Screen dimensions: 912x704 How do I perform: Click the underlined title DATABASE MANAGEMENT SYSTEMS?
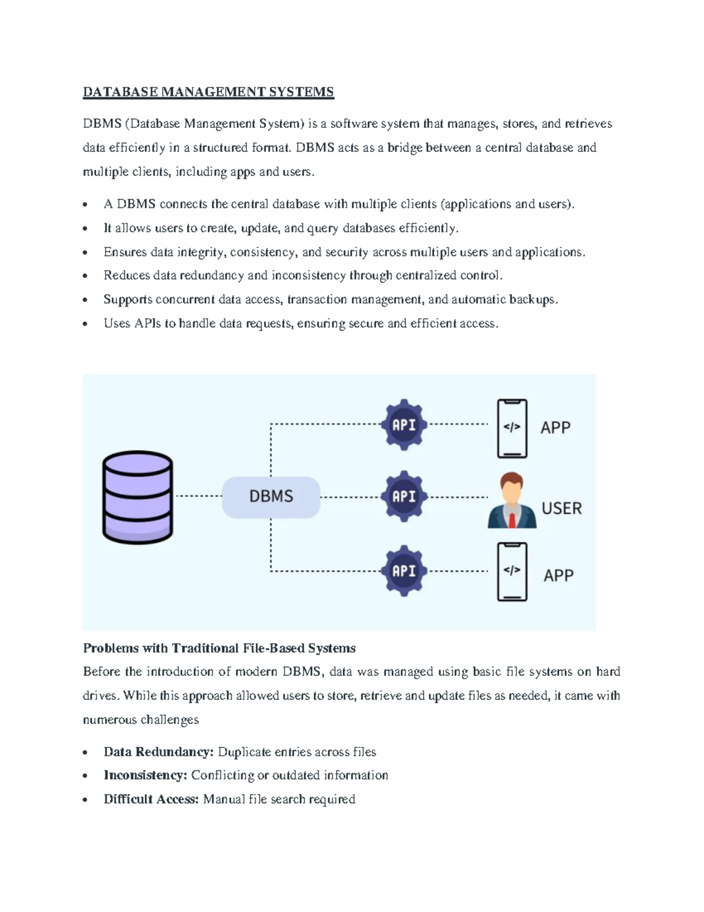(208, 92)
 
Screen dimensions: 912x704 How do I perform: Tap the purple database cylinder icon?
(138, 497)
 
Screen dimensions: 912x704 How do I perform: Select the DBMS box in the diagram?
(271, 497)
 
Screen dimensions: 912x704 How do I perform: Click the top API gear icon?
(404, 425)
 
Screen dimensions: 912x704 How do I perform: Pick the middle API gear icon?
(404, 497)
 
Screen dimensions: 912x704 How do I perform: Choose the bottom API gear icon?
(404, 571)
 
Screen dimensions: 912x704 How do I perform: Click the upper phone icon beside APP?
(512, 428)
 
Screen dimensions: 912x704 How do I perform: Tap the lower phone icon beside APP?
(512, 571)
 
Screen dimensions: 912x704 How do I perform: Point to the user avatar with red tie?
(512, 501)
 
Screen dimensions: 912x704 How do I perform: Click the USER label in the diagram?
(561, 509)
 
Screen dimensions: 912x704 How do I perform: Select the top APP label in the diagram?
(555, 428)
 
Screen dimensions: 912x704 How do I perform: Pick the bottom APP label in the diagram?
(558, 576)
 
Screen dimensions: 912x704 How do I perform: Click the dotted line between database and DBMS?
(198, 497)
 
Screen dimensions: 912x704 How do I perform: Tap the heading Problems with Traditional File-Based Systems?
(219, 648)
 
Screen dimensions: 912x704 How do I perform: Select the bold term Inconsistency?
(145, 776)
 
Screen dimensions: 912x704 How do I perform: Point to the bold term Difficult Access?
(151, 799)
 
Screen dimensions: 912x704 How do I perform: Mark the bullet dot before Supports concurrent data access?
(86, 300)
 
